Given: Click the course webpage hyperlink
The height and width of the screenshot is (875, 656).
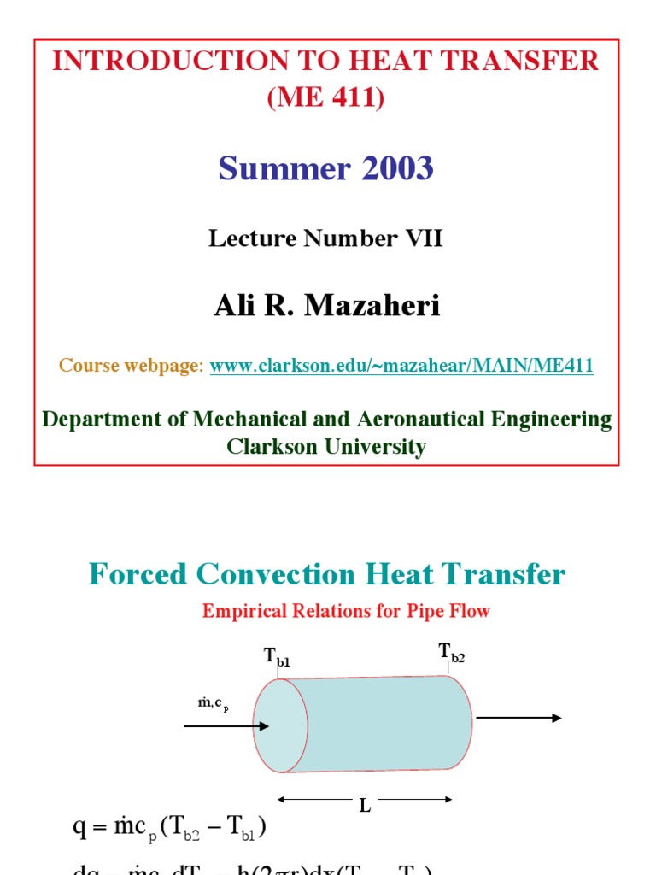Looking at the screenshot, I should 401,366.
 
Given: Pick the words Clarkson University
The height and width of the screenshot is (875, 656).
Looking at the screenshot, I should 326,446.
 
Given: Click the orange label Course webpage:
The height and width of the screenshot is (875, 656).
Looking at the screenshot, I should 132,366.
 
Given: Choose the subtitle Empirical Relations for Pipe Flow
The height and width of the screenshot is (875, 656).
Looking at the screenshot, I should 346,612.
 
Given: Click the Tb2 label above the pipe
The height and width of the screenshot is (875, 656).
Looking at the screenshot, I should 451,654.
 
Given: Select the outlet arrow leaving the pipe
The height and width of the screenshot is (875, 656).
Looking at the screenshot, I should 518,718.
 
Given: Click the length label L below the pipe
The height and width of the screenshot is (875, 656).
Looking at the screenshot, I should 365,806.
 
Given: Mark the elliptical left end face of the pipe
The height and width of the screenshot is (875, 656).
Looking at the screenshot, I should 280,726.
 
